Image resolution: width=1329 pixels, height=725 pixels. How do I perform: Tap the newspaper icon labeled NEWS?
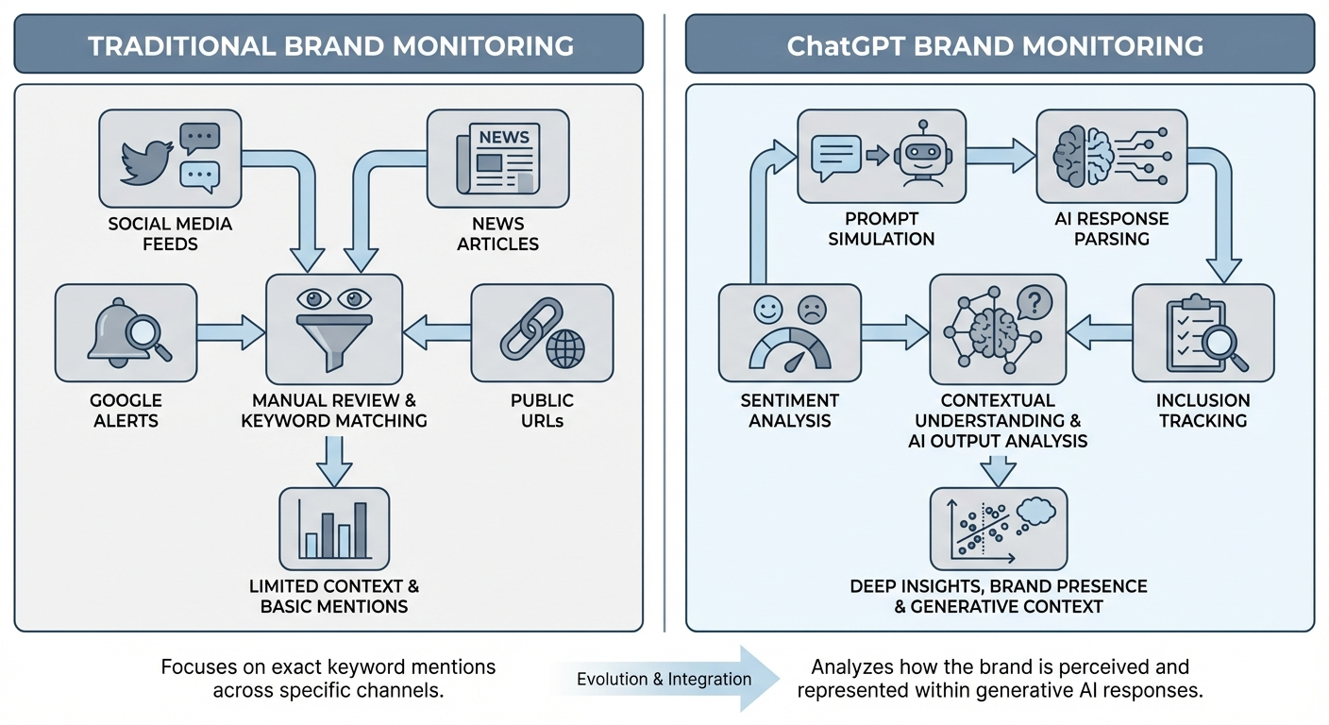(x=497, y=158)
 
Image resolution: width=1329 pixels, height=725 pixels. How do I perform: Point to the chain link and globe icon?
(x=541, y=332)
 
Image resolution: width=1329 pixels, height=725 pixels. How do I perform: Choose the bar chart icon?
(x=334, y=529)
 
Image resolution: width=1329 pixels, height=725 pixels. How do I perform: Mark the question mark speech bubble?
(x=1034, y=303)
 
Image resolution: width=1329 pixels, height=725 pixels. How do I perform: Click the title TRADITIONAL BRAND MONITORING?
(x=330, y=44)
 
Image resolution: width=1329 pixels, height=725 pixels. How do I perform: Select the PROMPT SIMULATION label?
(x=881, y=228)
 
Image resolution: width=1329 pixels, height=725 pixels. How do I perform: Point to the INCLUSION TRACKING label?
(x=1203, y=411)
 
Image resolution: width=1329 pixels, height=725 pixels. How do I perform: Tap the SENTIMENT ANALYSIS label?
(x=789, y=411)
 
